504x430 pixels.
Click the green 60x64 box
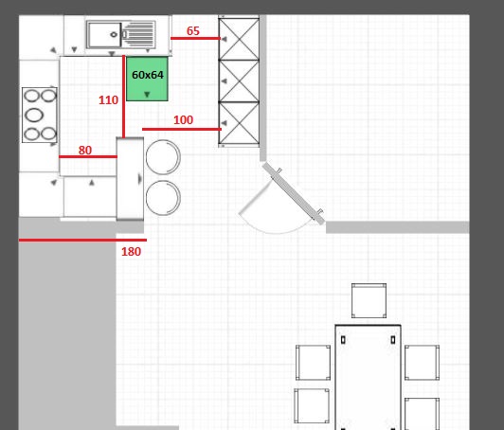click(147, 79)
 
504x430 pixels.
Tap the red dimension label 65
click(193, 31)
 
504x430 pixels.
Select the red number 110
click(108, 100)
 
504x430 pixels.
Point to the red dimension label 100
click(183, 120)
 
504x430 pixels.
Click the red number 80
click(85, 150)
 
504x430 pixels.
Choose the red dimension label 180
click(131, 252)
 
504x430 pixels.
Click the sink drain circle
click(114, 34)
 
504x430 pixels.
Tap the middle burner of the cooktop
click(34, 115)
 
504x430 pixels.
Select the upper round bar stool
click(163, 157)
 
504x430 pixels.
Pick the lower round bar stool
click(163, 198)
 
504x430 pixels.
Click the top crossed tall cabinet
click(239, 39)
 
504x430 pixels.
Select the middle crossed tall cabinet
click(239, 81)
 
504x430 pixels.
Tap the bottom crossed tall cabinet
click(239, 123)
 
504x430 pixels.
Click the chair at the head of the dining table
click(369, 301)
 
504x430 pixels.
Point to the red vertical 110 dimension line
click(124, 97)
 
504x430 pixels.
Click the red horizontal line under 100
click(182, 129)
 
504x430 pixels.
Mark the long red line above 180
click(82, 240)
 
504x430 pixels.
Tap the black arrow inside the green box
click(147, 95)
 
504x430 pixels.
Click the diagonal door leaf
click(294, 193)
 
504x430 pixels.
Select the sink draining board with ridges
click(139, 34)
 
